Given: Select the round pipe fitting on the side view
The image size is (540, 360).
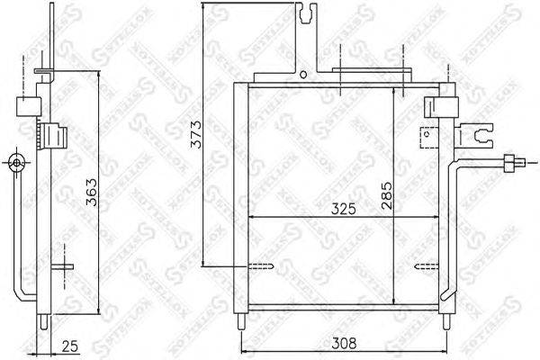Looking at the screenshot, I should coord(15,163).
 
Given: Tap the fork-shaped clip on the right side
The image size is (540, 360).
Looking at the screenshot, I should coord(480,137).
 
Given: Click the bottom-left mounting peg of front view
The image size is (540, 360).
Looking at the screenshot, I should coord(239,321).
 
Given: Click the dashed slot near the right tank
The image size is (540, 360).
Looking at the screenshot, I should coord(423,265).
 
